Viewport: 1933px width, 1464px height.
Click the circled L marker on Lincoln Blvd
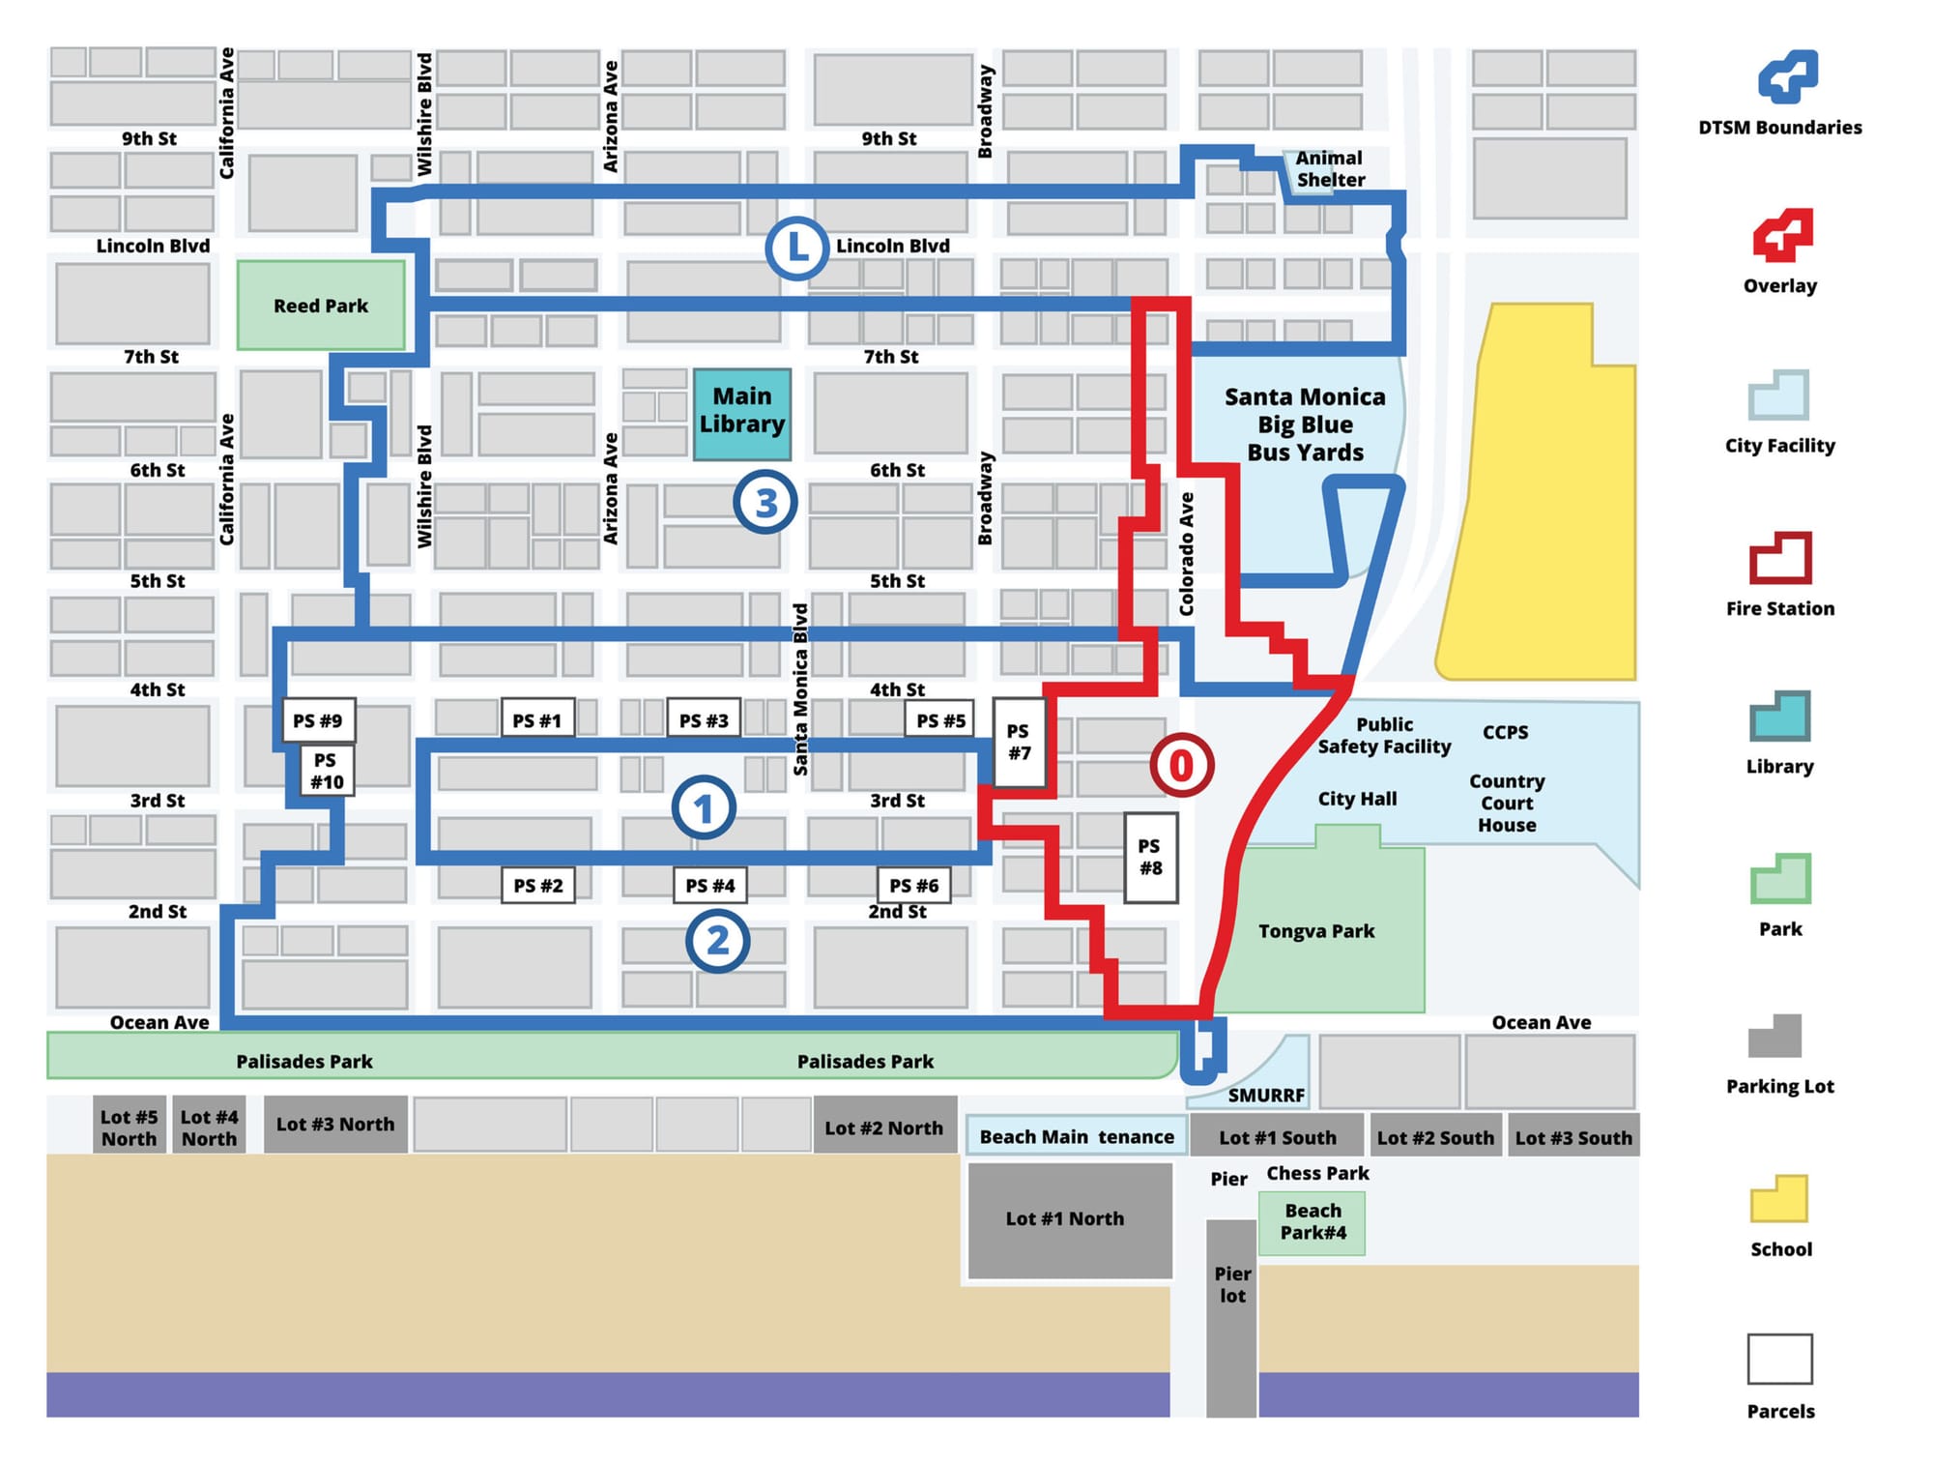click(796, 249)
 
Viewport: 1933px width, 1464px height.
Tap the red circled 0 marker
click(1181, 766)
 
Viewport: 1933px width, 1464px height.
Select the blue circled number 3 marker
click(765, 503)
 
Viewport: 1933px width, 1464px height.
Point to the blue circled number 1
click(704, 808)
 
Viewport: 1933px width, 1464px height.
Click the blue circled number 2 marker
click(717, 941)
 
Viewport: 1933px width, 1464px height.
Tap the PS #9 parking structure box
click(318, 720)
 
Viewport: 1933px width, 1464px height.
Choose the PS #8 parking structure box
click(1150, 858)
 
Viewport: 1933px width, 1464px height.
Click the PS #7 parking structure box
click(1019, 743)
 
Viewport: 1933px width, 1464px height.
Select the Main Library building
click(742, 413)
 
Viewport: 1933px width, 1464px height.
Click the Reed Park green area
click(321, 306)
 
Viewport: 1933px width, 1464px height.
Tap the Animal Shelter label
click(1330, 169)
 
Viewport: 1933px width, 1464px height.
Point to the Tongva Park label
click(1316, 931)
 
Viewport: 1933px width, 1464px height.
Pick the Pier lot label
click(1232, 1285)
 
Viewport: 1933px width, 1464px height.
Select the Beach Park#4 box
click(1313, 1222)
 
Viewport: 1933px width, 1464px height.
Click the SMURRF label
click(1266, 1096)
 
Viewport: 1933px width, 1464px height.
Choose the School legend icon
click(1779, 1199)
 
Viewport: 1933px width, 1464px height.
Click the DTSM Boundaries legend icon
click(1787, 77)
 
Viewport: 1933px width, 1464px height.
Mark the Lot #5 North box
click(130, 1127)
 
